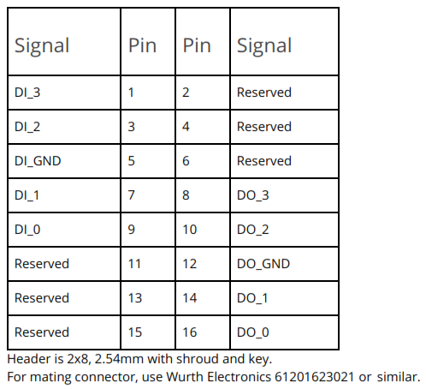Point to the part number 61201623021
[314, 377]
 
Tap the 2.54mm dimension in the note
[119, 359]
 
